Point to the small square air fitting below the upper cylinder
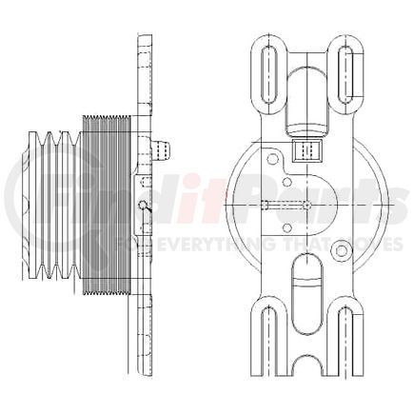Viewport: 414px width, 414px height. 306,150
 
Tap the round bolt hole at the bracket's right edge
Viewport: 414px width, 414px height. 342,250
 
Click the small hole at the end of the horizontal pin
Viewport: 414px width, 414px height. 307,206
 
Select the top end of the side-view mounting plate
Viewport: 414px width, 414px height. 145,42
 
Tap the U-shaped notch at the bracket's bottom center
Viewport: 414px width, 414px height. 306,365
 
